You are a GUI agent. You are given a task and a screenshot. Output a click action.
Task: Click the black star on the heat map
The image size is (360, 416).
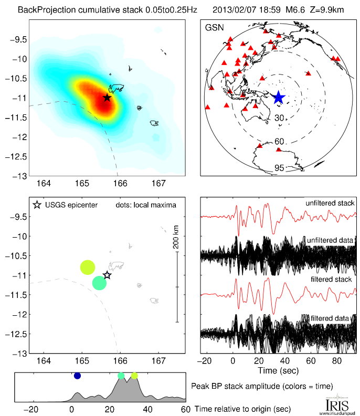(107, 98)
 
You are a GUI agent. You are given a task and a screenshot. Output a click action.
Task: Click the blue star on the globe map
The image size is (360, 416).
(278, 97)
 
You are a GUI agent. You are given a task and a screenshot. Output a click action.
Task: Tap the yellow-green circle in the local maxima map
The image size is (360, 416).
(87, 267)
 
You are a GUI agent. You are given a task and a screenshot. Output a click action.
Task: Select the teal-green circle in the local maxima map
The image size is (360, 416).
(99, 283)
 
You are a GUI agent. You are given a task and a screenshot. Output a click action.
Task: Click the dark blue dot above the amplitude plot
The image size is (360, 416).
(78, 376)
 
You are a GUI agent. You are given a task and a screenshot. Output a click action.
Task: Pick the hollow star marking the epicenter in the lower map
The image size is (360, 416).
(107, 275)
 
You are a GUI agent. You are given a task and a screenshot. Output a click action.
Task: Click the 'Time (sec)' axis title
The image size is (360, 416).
(279, 371)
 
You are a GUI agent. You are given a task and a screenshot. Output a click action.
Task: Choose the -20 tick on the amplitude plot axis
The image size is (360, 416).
(33, 409)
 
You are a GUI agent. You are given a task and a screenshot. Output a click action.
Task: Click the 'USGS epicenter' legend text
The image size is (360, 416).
(71, 205)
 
